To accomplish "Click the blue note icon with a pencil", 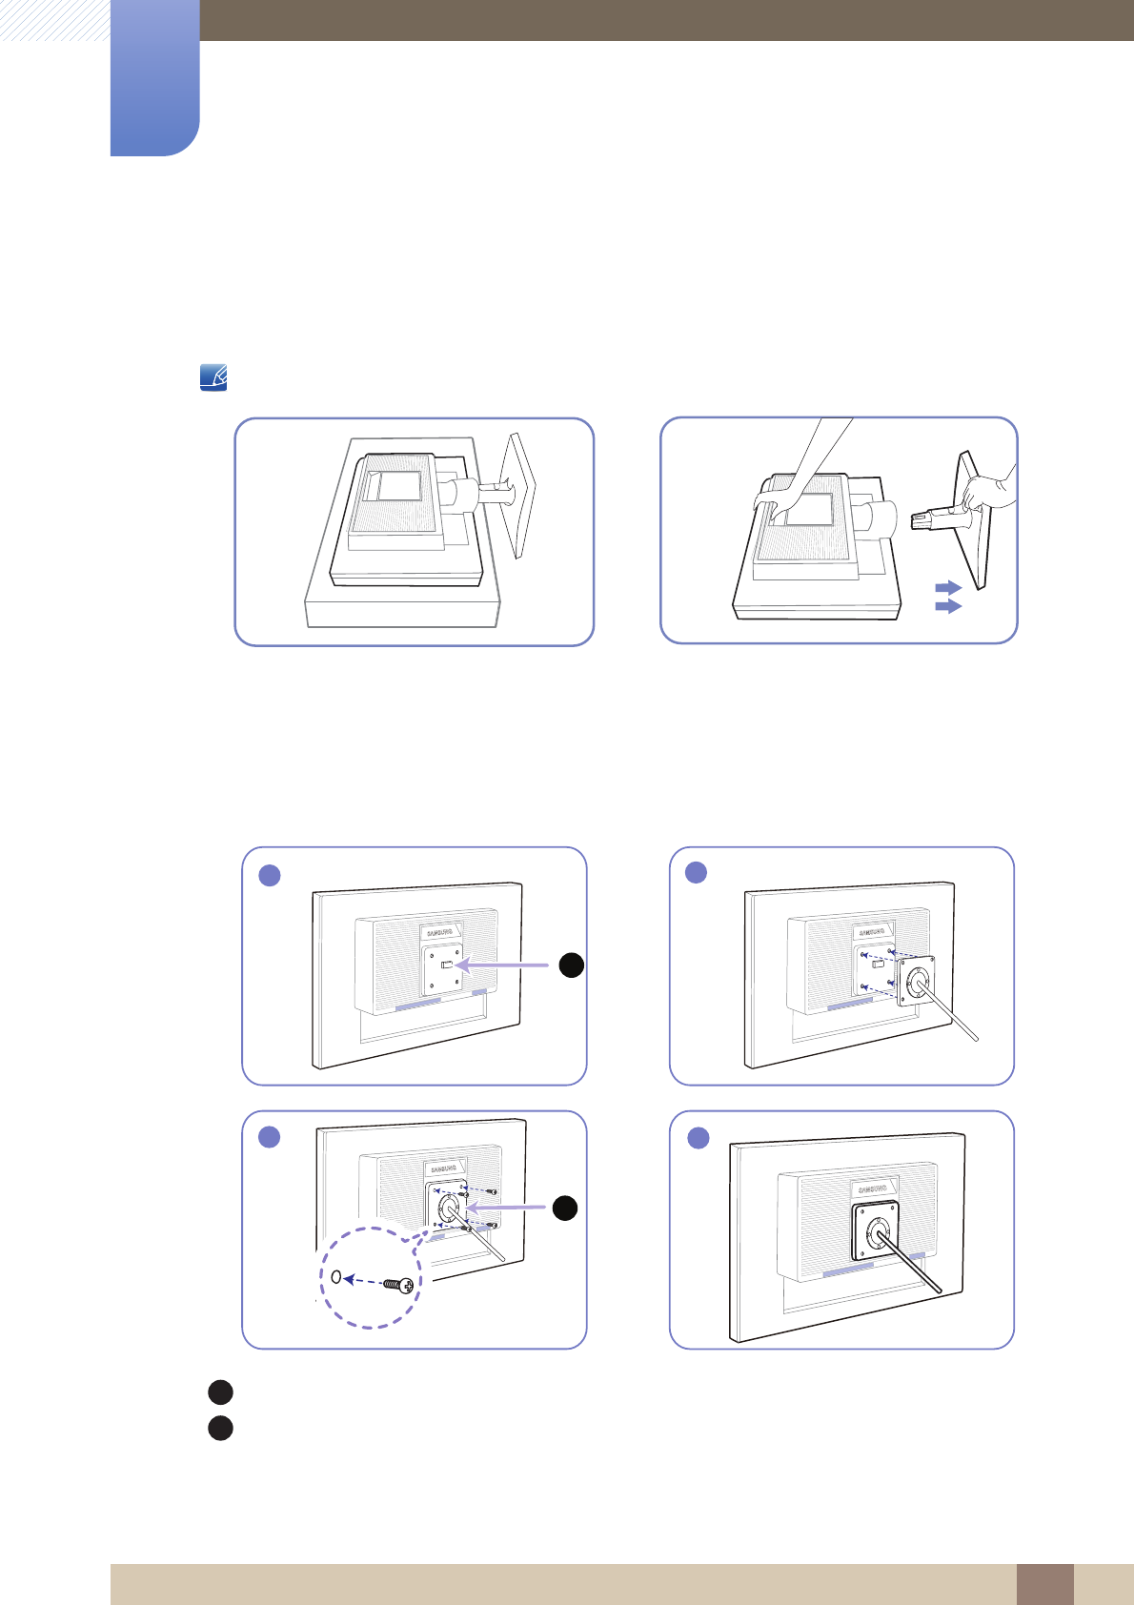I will tap(213, 378).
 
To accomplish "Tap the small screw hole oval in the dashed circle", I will tap(336, 1277).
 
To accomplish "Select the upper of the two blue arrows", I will tap(948, 587).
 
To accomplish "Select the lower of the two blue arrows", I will tap(948, 605).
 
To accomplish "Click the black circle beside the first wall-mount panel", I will tap(571, 965).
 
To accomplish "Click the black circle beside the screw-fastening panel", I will tap(565, 1208).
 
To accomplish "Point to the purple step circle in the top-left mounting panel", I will tap(270, 875).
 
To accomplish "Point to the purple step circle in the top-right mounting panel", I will tap(697, 872).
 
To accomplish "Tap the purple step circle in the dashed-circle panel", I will tap(270, 1136).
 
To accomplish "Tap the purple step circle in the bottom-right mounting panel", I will tap(699, 1137).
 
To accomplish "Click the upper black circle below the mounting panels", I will tap(220, 1392).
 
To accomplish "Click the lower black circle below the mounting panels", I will tap(220, 1429).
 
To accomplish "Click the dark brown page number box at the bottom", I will tap(1044, 1584).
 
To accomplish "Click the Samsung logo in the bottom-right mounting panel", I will tap(872, 1189).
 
